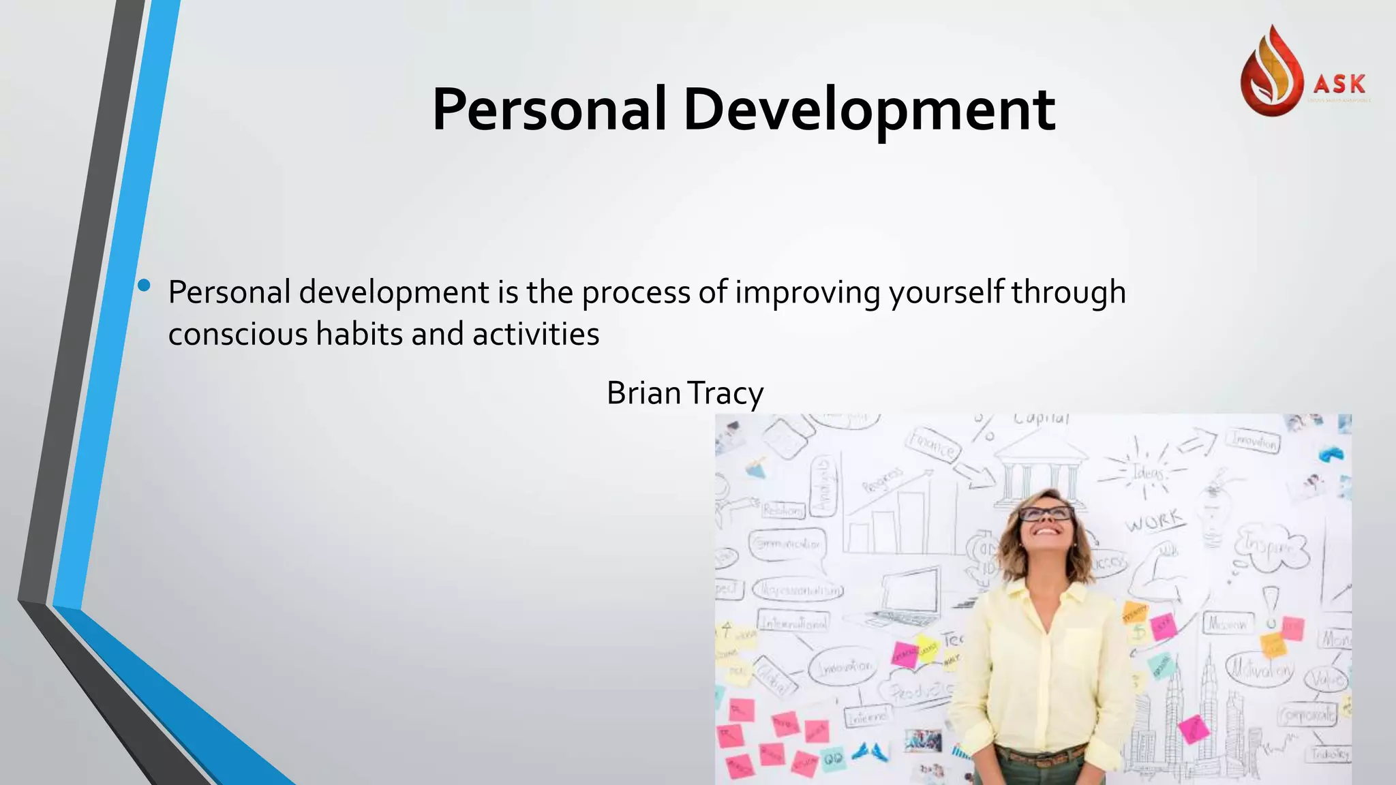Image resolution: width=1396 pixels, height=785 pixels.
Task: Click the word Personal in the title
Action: click(x=549, y=110)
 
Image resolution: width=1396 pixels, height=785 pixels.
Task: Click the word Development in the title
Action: click(x=869, y=110)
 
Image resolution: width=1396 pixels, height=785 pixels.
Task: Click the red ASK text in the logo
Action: click(x=1339, y=84)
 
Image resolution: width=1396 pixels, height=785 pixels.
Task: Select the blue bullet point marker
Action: click(x=144, y=286)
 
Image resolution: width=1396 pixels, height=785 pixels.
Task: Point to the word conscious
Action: click(x=237, y=334)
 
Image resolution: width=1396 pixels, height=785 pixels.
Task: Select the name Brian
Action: click(x=643, y=393)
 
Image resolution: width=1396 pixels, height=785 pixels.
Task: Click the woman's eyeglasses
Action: click(x=1046, y=513)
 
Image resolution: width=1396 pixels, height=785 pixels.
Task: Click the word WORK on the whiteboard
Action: click(x=1155, y=521)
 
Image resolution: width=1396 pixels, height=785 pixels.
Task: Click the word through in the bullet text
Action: click(x=1067, y=292)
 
